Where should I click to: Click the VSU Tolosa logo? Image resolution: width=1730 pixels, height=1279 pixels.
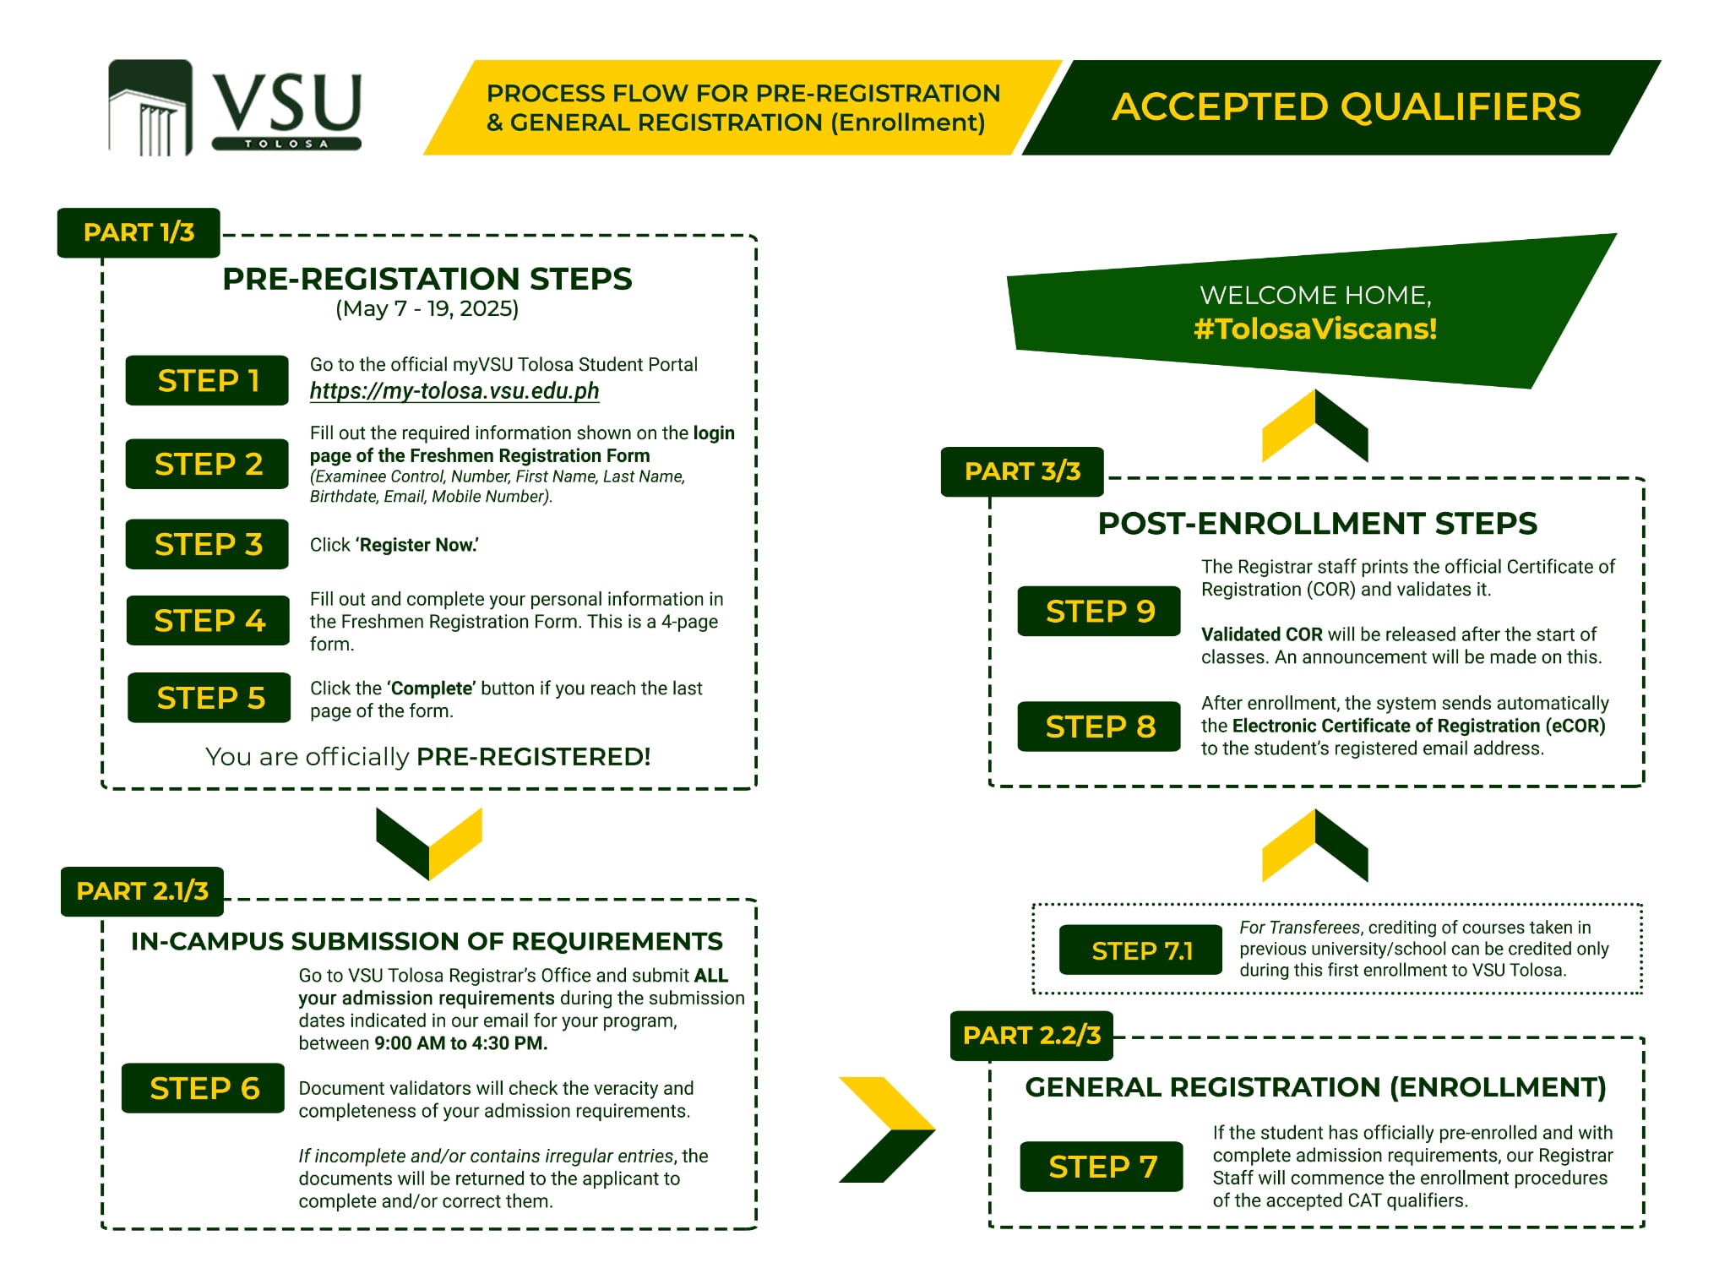tap(235, 107)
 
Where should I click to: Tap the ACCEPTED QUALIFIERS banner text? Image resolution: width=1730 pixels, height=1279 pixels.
tap(1346, 106)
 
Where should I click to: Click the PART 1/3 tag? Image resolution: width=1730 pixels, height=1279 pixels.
tap(139, 232)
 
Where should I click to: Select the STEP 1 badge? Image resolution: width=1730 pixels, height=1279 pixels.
tap(208, 380)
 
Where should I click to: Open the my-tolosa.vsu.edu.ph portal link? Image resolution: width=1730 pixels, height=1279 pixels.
tap(454, 391)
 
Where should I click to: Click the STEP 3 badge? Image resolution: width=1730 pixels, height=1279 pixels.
tap(208, 544)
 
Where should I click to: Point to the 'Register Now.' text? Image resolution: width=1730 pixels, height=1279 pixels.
tap(416, 545)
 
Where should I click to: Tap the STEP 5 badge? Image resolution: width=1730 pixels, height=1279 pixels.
tap(209, 698)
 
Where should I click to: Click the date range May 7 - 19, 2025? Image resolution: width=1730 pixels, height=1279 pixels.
tap(427, 308)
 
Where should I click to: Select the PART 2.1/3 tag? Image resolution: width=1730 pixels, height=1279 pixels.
tap(142, 891)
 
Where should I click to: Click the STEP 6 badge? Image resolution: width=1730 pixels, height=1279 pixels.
tap(204, 1088)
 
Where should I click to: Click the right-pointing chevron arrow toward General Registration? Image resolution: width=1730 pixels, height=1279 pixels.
tap(887, 1129)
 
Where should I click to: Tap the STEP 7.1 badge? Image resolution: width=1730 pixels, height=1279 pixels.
tap(1141, 950)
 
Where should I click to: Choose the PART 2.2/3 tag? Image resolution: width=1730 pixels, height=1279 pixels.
tap(1031, 1036)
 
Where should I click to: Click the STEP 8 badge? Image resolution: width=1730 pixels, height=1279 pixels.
tap(1099, 727)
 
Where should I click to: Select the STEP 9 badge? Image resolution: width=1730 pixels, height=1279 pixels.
tap(1099, 611)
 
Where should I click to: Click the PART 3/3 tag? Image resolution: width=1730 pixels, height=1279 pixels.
tap(1022, 471)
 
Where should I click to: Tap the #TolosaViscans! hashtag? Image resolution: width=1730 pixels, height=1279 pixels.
tap(1315, 329)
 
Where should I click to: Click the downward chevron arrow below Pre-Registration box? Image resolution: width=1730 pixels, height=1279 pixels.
tap(429, 844)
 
